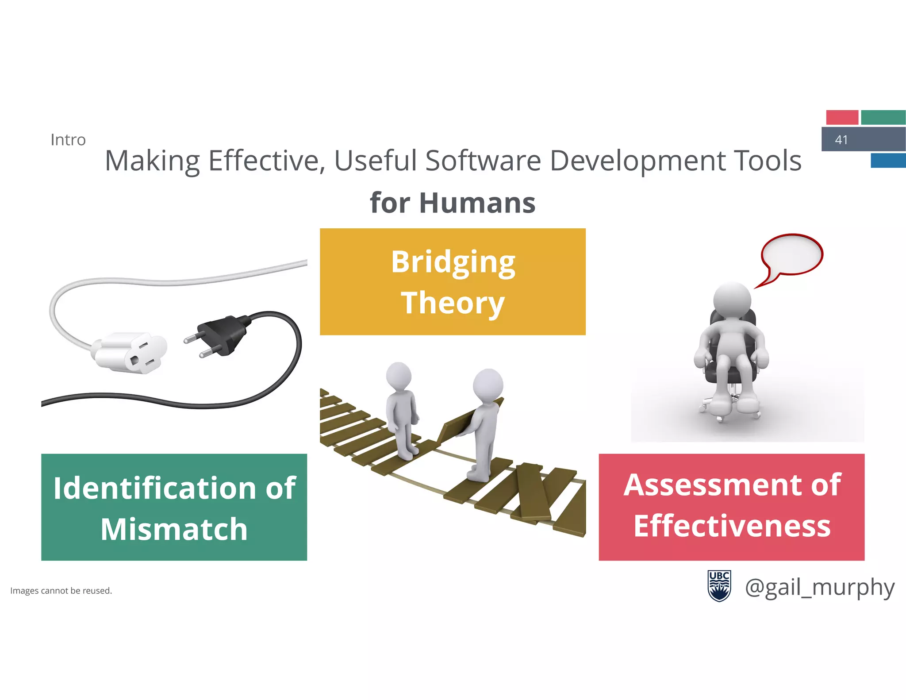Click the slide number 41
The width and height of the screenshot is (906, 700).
pos(841,140)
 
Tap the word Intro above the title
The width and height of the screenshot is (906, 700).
pos(68,140)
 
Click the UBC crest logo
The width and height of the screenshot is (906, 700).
pos(719,586)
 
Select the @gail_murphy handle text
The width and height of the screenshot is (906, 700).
pos(820,588)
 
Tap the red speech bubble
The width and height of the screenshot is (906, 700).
pos(791,255)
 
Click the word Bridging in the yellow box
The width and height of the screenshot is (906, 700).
pos(453,262)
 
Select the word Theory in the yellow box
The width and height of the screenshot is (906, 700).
pos(453,304)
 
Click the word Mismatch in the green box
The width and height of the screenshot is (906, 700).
pos(174,529)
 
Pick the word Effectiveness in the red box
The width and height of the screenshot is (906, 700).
pos(732,526)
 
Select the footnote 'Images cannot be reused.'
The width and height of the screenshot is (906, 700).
pos(61,591)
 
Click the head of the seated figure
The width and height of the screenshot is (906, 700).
pos(732,300)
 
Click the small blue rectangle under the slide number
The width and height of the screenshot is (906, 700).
pos(888,160)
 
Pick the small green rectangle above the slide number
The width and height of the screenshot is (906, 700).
pos(883,117)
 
